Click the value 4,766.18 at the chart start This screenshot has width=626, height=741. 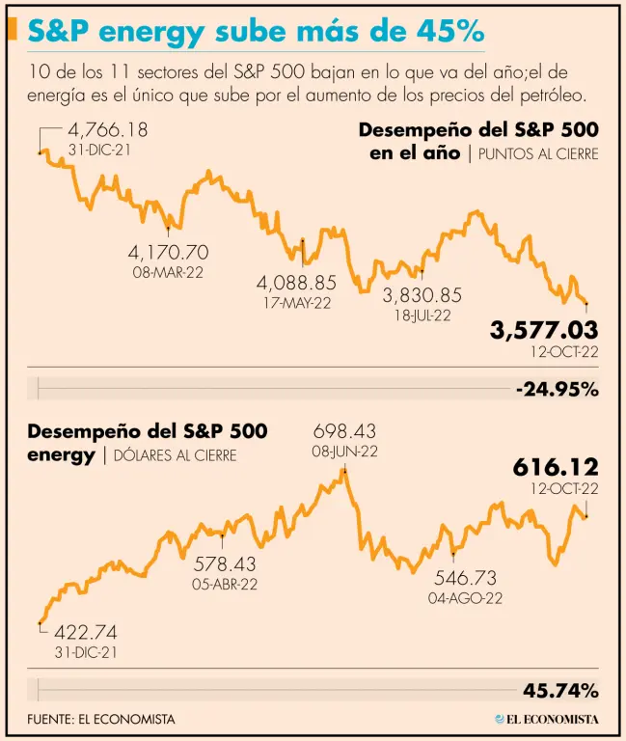[107, 130]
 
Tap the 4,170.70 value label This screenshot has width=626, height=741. [168, 252]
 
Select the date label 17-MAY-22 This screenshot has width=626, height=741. [294, 303]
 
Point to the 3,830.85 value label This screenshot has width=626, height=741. [422, 295]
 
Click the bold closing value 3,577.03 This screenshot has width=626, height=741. [544, 330]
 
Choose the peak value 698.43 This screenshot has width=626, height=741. [344, 431]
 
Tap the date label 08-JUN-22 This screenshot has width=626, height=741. [344, 451]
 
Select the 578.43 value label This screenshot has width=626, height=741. [225, 563]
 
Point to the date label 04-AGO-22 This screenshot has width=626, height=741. [466, 598]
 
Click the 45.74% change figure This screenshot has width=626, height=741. [560, 690]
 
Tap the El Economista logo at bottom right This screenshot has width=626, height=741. [546, 719]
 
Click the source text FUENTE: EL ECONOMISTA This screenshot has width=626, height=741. [101, 719]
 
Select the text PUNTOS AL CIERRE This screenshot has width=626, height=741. [538, 153]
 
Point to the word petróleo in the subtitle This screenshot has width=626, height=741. [550, 96]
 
